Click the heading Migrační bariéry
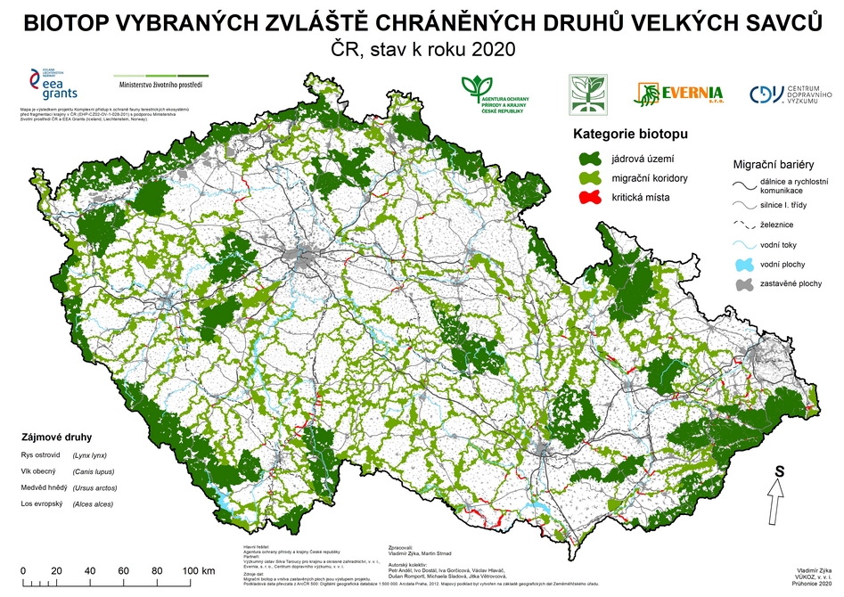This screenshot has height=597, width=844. [x=773, y=165]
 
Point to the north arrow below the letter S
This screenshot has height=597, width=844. [x=776, y=490]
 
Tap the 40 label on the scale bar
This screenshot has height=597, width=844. [x=90, y=570]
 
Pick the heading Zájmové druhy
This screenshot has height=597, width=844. [x=54, y=438]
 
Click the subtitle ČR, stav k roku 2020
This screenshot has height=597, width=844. [x=422, y=49]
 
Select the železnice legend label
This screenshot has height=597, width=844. [x=778, y=225]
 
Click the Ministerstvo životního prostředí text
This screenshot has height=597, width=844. [x=161, y=86]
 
